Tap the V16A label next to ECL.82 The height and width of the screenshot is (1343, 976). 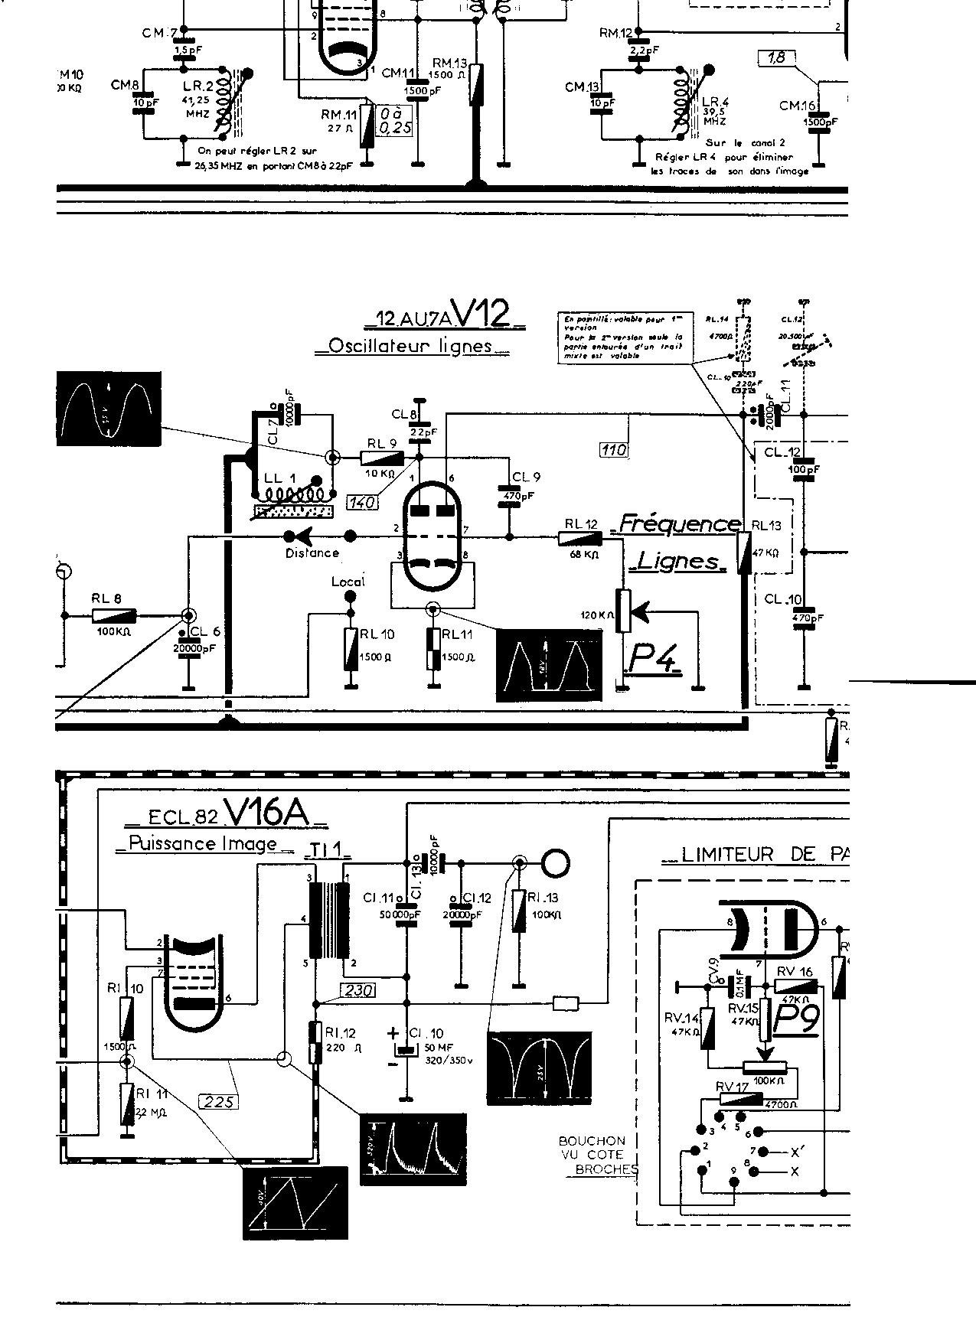268,814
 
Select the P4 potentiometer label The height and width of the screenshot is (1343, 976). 654,657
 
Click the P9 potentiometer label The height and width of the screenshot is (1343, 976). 798,1019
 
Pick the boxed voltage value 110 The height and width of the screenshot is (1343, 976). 614,449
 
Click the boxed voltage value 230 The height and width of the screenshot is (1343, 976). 359,990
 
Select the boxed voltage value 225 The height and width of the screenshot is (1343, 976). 217,1101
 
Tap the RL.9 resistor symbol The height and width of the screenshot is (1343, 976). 383,458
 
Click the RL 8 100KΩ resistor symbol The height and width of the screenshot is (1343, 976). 114,615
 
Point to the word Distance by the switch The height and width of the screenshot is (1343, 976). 312,553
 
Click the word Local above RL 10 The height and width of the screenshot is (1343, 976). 348,582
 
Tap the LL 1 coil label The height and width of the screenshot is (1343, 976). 275,478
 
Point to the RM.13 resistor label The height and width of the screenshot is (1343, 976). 449,63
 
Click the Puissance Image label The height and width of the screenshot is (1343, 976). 203,843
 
